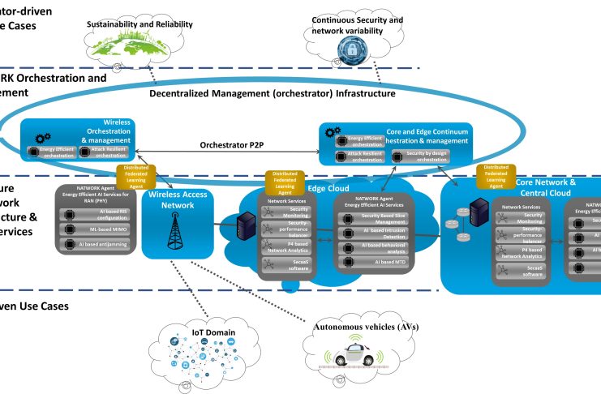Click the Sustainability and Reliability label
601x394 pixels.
point(140,24)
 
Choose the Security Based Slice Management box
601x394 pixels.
point(378,217)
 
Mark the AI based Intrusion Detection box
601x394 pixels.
point(378,233)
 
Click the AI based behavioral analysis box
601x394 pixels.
point(378,249)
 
